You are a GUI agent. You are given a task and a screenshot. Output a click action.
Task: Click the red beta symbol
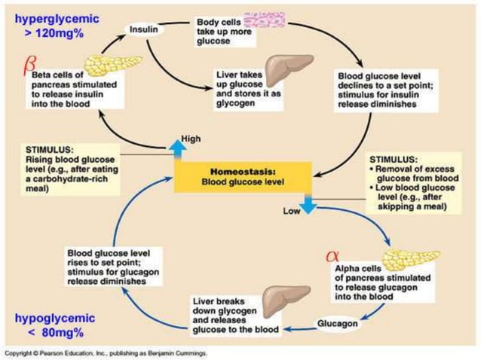click(x=30, y=71)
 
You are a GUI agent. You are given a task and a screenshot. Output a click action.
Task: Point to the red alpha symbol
click(x=332, y=256)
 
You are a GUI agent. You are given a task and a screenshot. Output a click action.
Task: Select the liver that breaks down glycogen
click(x=290, y=298)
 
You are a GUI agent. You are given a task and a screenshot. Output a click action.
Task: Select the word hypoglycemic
click(x=47, y=319)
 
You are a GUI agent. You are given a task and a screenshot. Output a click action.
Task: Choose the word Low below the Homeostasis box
click(x=291, y=212)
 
